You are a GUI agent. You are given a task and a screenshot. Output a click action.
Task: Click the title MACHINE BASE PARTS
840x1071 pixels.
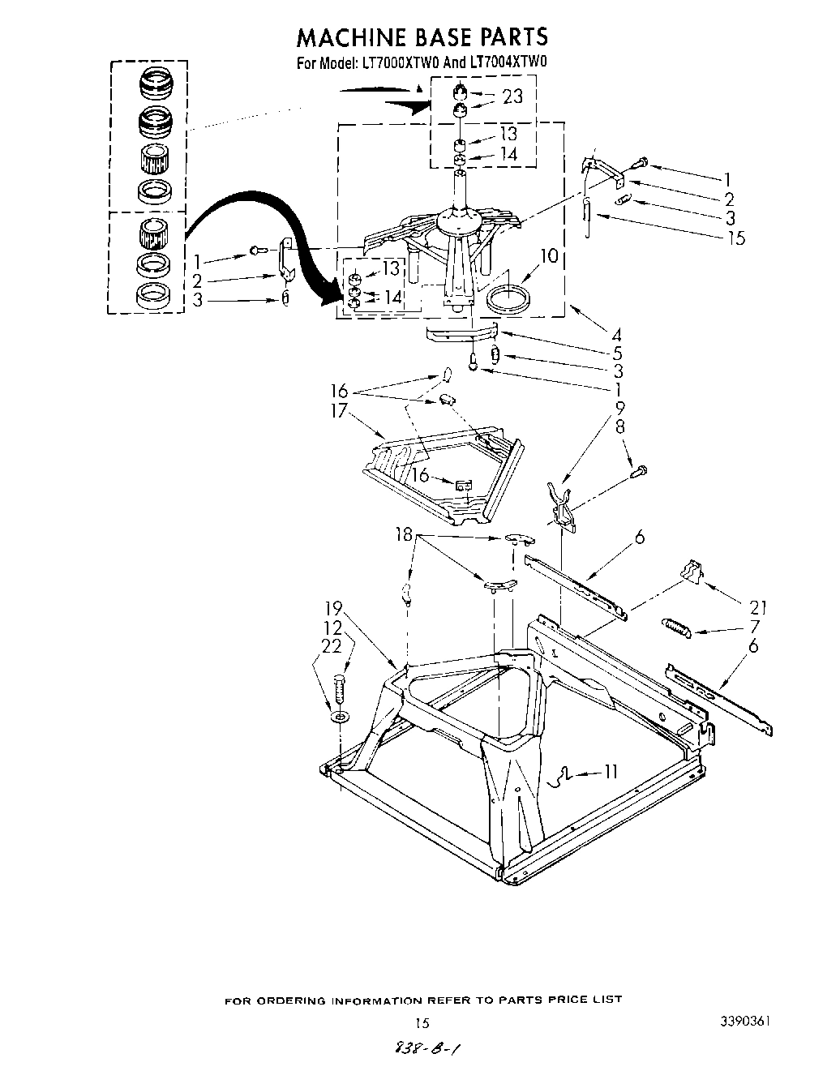pos(422,36)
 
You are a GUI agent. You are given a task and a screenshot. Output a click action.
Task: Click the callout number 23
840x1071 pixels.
pos(512,96)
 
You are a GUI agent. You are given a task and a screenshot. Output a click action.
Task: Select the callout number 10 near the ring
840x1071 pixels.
pos(549,257)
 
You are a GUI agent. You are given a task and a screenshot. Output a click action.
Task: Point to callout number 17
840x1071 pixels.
pos(338,411)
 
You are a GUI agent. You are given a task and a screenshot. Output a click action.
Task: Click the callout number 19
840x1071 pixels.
pos(334,607)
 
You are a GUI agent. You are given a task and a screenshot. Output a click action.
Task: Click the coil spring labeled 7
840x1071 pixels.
pos(675,626)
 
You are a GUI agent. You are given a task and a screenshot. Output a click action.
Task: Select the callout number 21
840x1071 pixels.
pos(759,607)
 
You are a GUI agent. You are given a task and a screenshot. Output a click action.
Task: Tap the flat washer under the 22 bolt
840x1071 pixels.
pos(338,718)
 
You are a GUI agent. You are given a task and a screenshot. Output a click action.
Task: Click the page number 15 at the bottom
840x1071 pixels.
pos(420,1022)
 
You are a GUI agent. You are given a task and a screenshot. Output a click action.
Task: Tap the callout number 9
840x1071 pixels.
pos(619,408)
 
